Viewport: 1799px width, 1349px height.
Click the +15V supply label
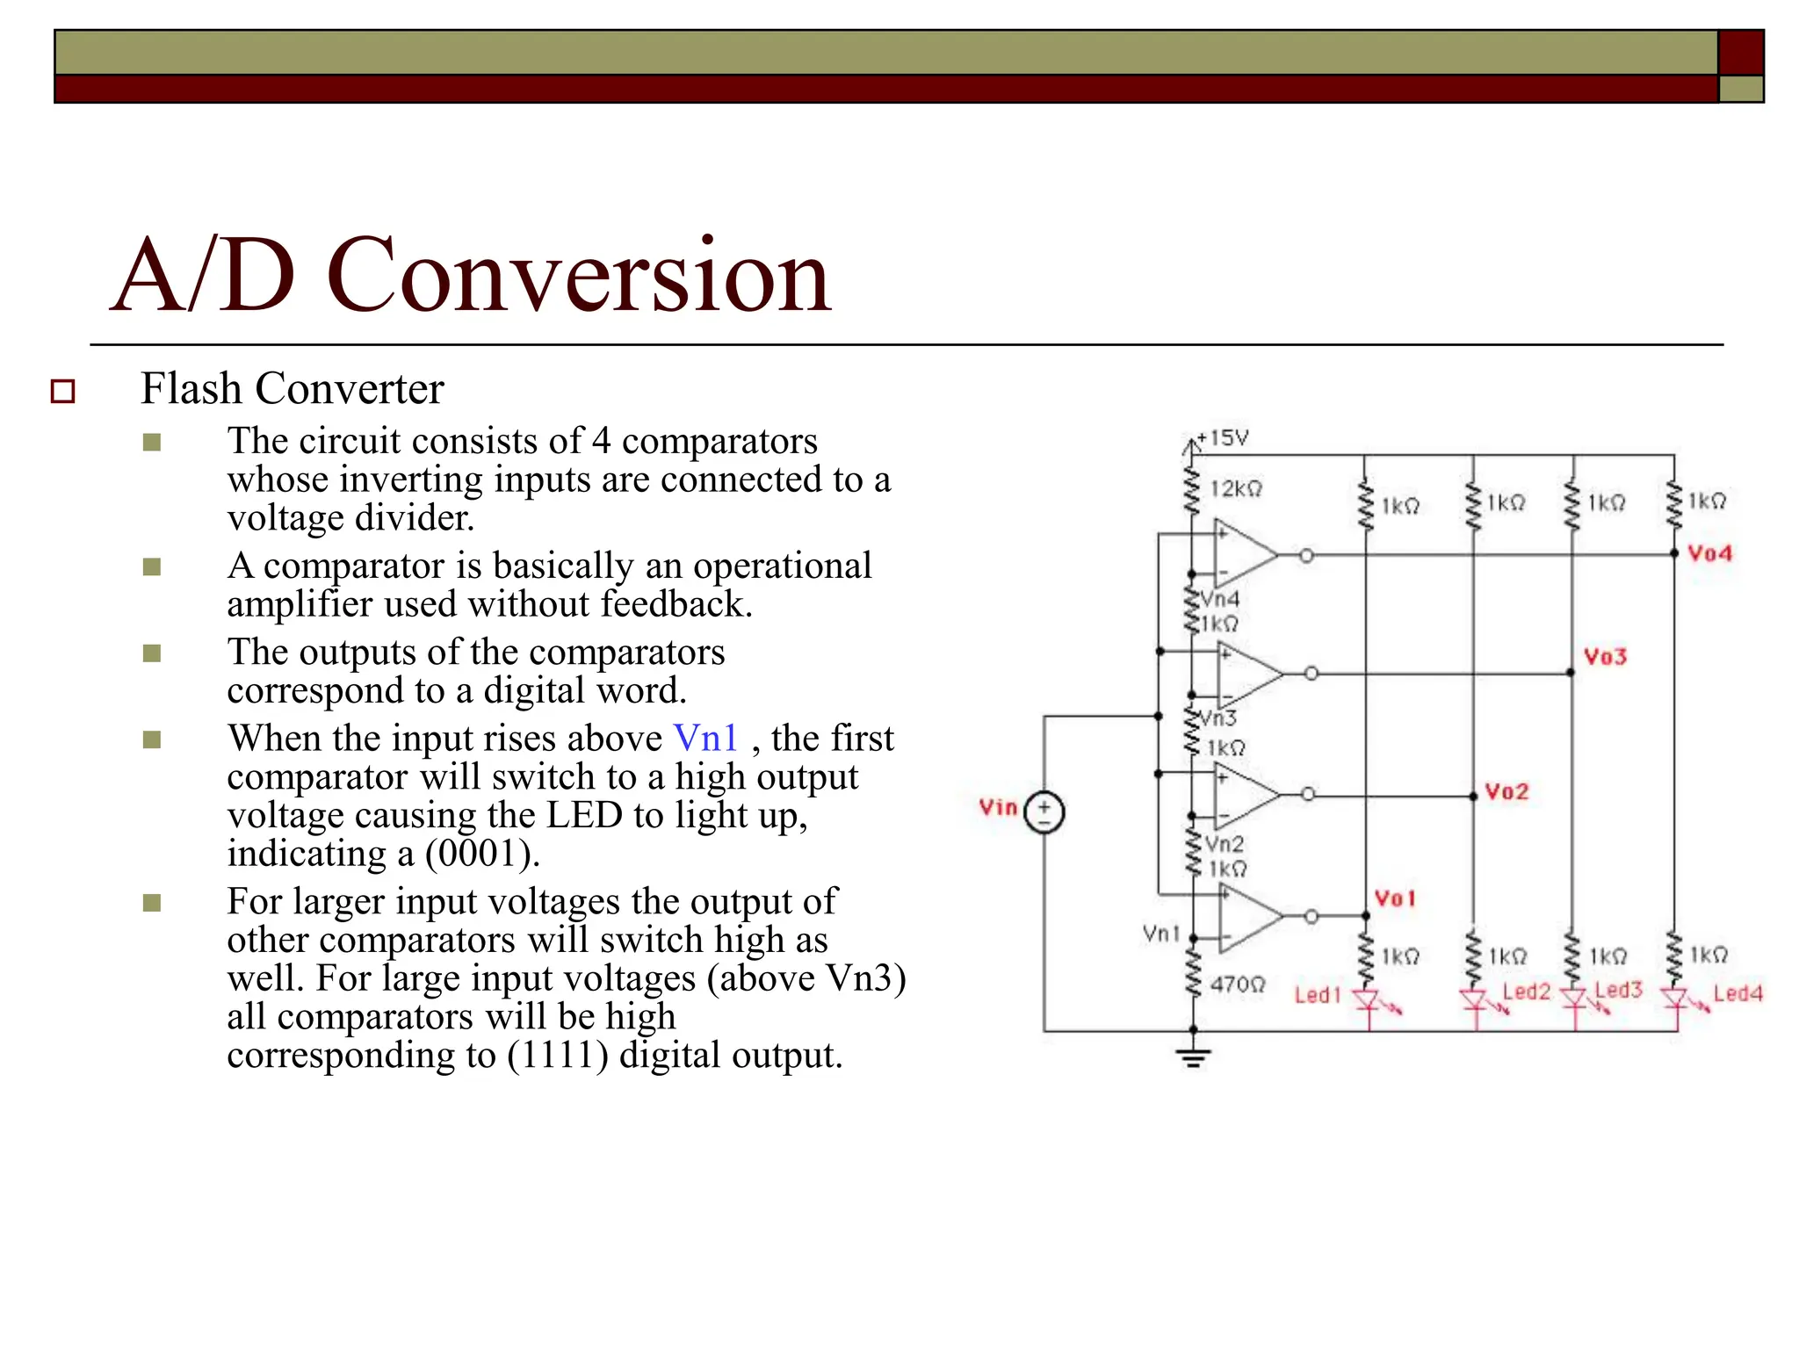1224,437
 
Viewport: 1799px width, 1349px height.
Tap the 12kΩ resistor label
1236,488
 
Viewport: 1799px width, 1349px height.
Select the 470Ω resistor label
1238,985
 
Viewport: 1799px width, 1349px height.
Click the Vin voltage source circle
1044,812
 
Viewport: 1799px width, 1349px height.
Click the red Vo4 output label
1709,553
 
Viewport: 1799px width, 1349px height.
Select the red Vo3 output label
1605,656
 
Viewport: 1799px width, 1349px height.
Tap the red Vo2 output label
1506,791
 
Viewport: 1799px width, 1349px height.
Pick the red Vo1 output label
1395,898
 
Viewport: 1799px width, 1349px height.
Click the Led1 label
1318,995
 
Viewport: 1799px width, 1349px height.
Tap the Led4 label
1738,993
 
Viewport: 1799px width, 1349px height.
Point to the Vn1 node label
1160,933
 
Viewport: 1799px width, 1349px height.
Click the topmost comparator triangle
1244,554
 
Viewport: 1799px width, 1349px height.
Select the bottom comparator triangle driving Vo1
1248,917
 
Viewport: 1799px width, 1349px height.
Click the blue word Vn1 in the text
705,738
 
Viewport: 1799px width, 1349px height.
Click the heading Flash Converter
293,388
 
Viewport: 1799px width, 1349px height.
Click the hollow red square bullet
63,391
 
